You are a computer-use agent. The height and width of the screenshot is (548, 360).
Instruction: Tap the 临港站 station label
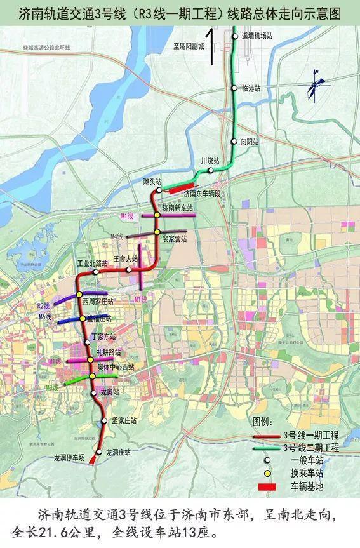pos(251,88)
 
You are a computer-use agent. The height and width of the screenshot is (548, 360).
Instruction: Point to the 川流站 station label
pos(210,161)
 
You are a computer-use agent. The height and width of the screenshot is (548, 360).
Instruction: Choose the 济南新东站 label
pos(177,208)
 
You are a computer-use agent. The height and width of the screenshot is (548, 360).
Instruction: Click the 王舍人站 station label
pos(125,259)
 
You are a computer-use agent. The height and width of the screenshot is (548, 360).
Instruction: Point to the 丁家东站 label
pos(103,337)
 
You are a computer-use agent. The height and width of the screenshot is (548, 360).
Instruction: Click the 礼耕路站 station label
pos(108,352)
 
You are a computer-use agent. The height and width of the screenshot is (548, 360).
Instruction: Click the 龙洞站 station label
pos(118,452)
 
